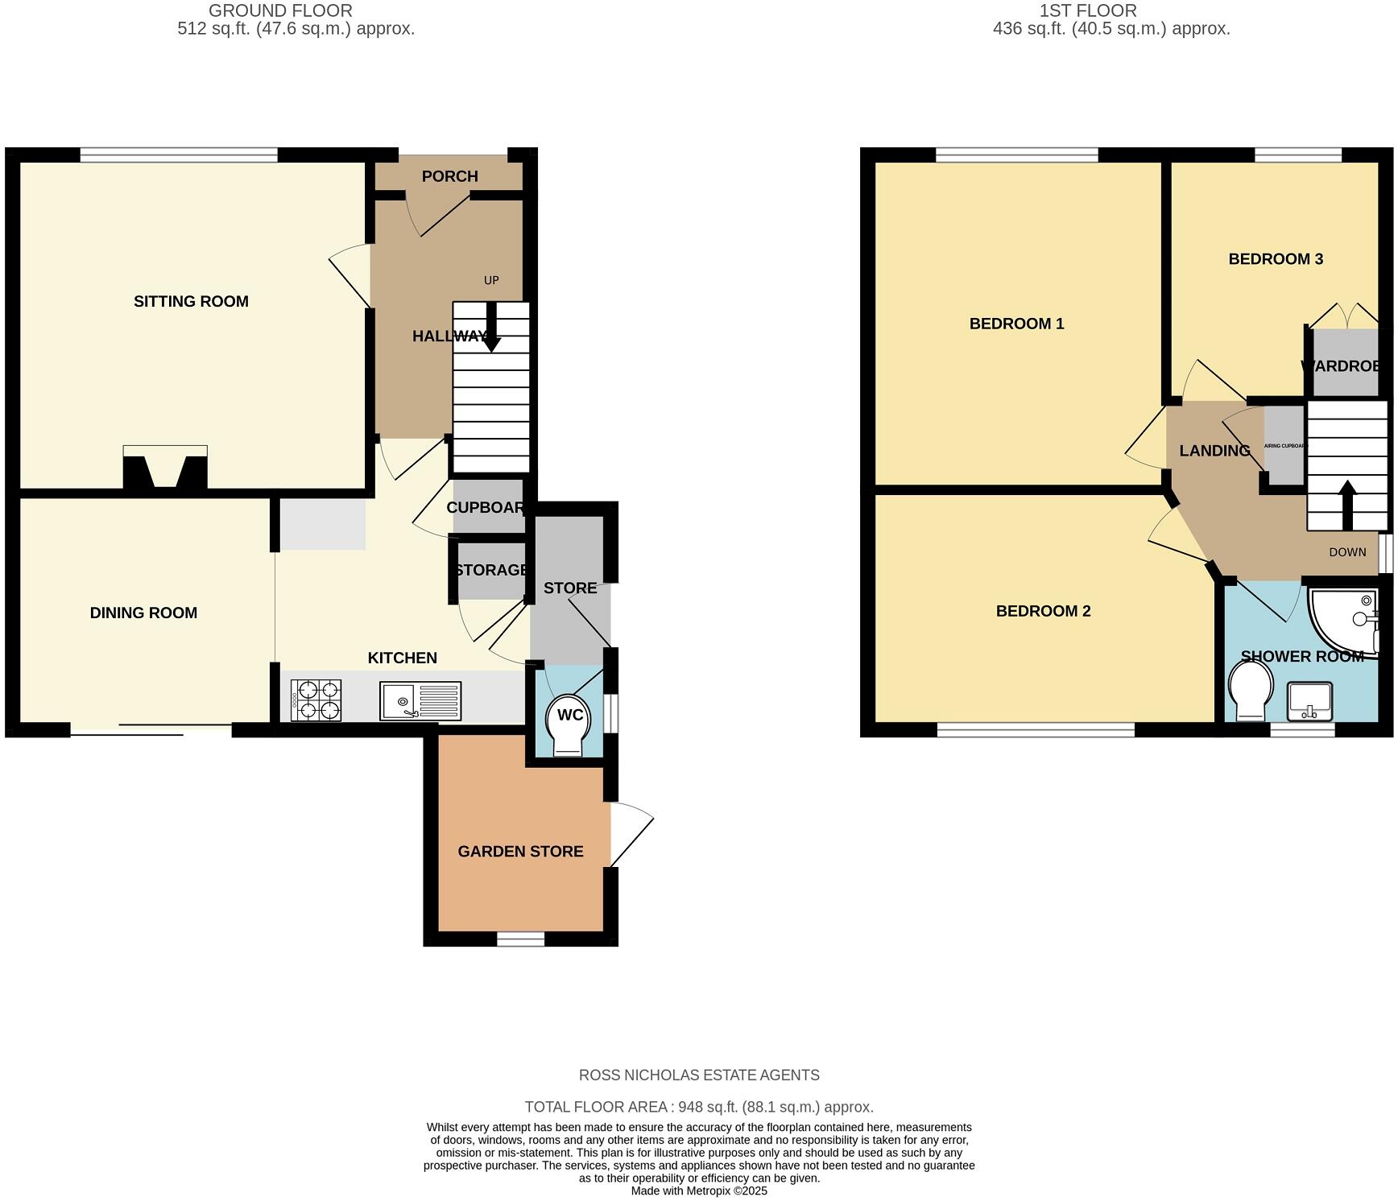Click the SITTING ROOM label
point(191,301)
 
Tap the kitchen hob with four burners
point(316,700)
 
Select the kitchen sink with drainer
point(420,700)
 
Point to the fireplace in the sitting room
point(165,468)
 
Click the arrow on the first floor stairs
point(1346,503)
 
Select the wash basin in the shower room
point(1310,701)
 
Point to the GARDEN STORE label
point(520,851)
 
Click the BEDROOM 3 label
point(1275,258)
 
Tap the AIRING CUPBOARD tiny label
point(1284,446)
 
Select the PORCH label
point(449,176)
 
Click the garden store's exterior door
point(631,835)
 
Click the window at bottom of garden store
point(520,938)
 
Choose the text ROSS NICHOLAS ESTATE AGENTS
point(699,1075)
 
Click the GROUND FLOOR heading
point(280,10)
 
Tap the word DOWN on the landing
point(1347,552)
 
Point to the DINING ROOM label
point(143,613)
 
